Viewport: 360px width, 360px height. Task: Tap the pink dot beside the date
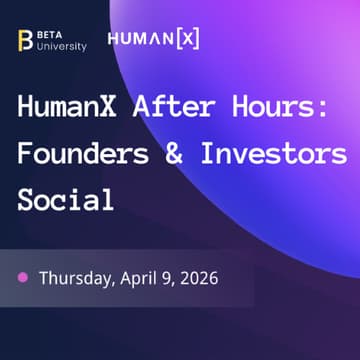pos(21,277)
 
